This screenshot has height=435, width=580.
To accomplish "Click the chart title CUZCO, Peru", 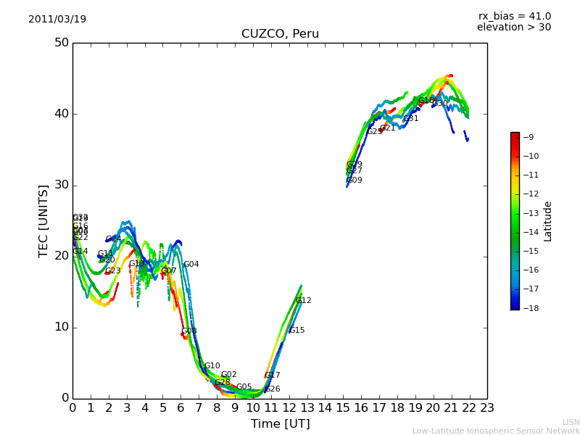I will click(280, 34).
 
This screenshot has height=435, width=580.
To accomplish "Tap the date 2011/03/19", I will click(57, 20).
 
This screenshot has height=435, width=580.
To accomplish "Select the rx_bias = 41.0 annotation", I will click(514, 16).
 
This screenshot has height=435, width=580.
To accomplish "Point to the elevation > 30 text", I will click(514, 28).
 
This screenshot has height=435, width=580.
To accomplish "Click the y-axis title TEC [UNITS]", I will click(43, 220).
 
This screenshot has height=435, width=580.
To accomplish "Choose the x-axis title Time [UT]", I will click(280, 423).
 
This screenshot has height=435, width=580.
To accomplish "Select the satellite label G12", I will click(304, 300).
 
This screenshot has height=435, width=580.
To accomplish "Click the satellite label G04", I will click(191, 265).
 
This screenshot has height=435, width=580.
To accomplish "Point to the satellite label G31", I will click(411, 118).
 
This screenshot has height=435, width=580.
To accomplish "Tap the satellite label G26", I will click(273, 389).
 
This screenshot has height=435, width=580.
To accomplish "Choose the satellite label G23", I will click(113, 271).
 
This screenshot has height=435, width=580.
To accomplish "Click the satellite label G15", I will click(297, 331).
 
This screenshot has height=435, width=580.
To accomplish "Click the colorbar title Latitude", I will click(548, 220).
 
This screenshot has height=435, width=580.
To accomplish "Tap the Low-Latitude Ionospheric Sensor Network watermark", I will click(496, 431).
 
